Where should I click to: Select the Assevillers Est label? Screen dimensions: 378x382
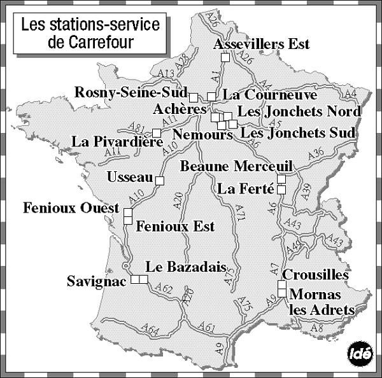pos(262,44)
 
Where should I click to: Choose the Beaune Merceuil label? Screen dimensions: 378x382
pos(236,167)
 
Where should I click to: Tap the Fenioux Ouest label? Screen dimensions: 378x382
pos(71,208)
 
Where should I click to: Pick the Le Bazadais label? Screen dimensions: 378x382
pos(180,267)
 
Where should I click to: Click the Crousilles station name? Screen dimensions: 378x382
pos(315,275)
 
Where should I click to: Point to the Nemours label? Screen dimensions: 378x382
pos(202,135)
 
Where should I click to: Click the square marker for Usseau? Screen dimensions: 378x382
pos(160,180)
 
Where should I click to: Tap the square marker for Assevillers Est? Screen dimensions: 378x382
pos(225,57)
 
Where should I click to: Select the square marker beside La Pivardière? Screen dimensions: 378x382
pos(157,132)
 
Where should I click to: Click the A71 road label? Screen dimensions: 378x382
pos(240,212)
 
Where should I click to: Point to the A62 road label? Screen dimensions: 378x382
pos(164,290)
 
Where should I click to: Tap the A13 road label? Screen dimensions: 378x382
pos(166,73)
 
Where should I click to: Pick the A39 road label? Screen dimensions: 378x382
pos(306,192)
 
